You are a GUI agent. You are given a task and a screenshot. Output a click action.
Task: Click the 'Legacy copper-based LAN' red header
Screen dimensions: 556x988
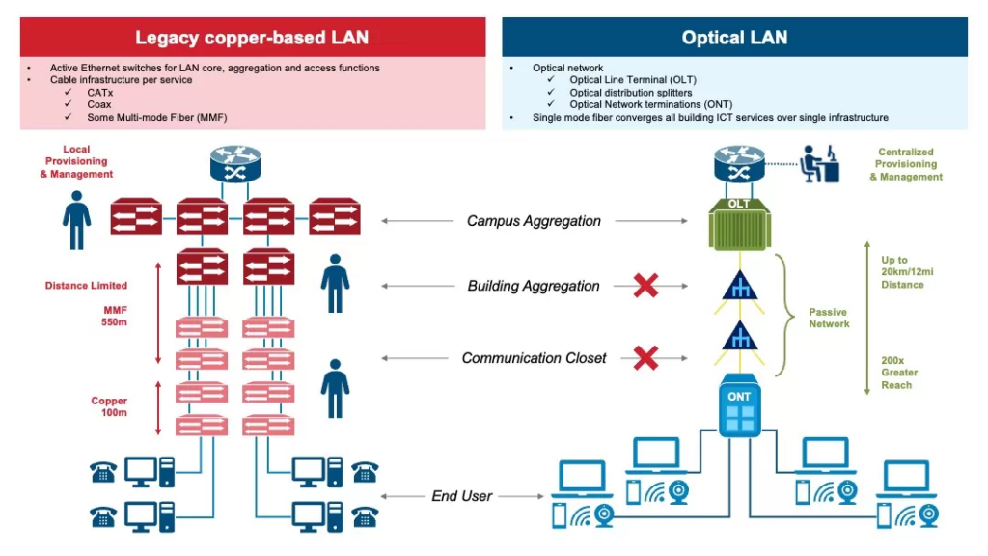(252, 39)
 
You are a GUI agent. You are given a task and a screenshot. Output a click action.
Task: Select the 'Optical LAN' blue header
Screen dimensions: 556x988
(734, 39)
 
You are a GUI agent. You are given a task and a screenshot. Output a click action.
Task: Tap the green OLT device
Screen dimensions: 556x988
(739, 224)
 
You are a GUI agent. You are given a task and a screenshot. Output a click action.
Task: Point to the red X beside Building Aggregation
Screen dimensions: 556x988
(645, 286)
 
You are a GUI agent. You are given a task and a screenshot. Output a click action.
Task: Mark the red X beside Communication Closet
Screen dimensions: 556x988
(645, 358)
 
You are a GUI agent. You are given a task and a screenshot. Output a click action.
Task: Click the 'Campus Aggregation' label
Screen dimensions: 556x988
(534, 221)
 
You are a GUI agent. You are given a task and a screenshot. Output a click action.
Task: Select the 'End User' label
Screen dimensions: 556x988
(461, 496)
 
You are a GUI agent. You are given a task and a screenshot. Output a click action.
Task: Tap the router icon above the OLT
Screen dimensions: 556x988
(739, 164)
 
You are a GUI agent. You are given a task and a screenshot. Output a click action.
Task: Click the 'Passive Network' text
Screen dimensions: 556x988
(829, 319)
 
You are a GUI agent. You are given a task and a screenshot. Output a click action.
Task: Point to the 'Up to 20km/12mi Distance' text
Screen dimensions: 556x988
(902, 272)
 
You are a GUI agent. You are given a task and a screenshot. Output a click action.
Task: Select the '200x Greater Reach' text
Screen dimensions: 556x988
(899, 373)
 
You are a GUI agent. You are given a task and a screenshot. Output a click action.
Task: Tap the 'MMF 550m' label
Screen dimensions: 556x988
(115, 316)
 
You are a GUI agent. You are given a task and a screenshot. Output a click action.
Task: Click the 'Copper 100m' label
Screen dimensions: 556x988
(109, 406)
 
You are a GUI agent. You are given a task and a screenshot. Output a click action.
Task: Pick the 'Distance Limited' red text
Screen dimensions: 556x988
(86, 286)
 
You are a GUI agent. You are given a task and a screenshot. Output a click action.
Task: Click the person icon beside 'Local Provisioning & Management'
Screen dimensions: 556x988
(77, 221)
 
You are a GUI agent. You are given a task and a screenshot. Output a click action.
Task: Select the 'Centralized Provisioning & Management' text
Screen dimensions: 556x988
(906, 164)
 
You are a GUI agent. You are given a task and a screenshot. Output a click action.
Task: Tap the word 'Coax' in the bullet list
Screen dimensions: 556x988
(99, 104)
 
